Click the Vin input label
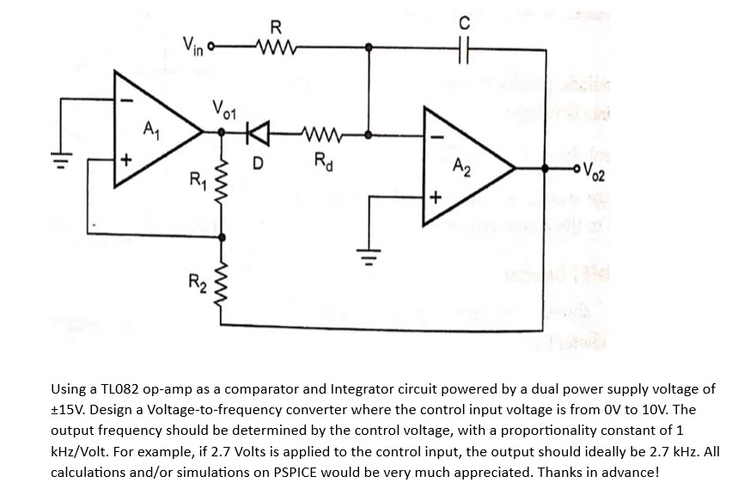pos(194,42)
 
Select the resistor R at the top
pos(277,46)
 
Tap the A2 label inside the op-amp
pos(461,163)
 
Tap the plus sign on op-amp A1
pos(125,160)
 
